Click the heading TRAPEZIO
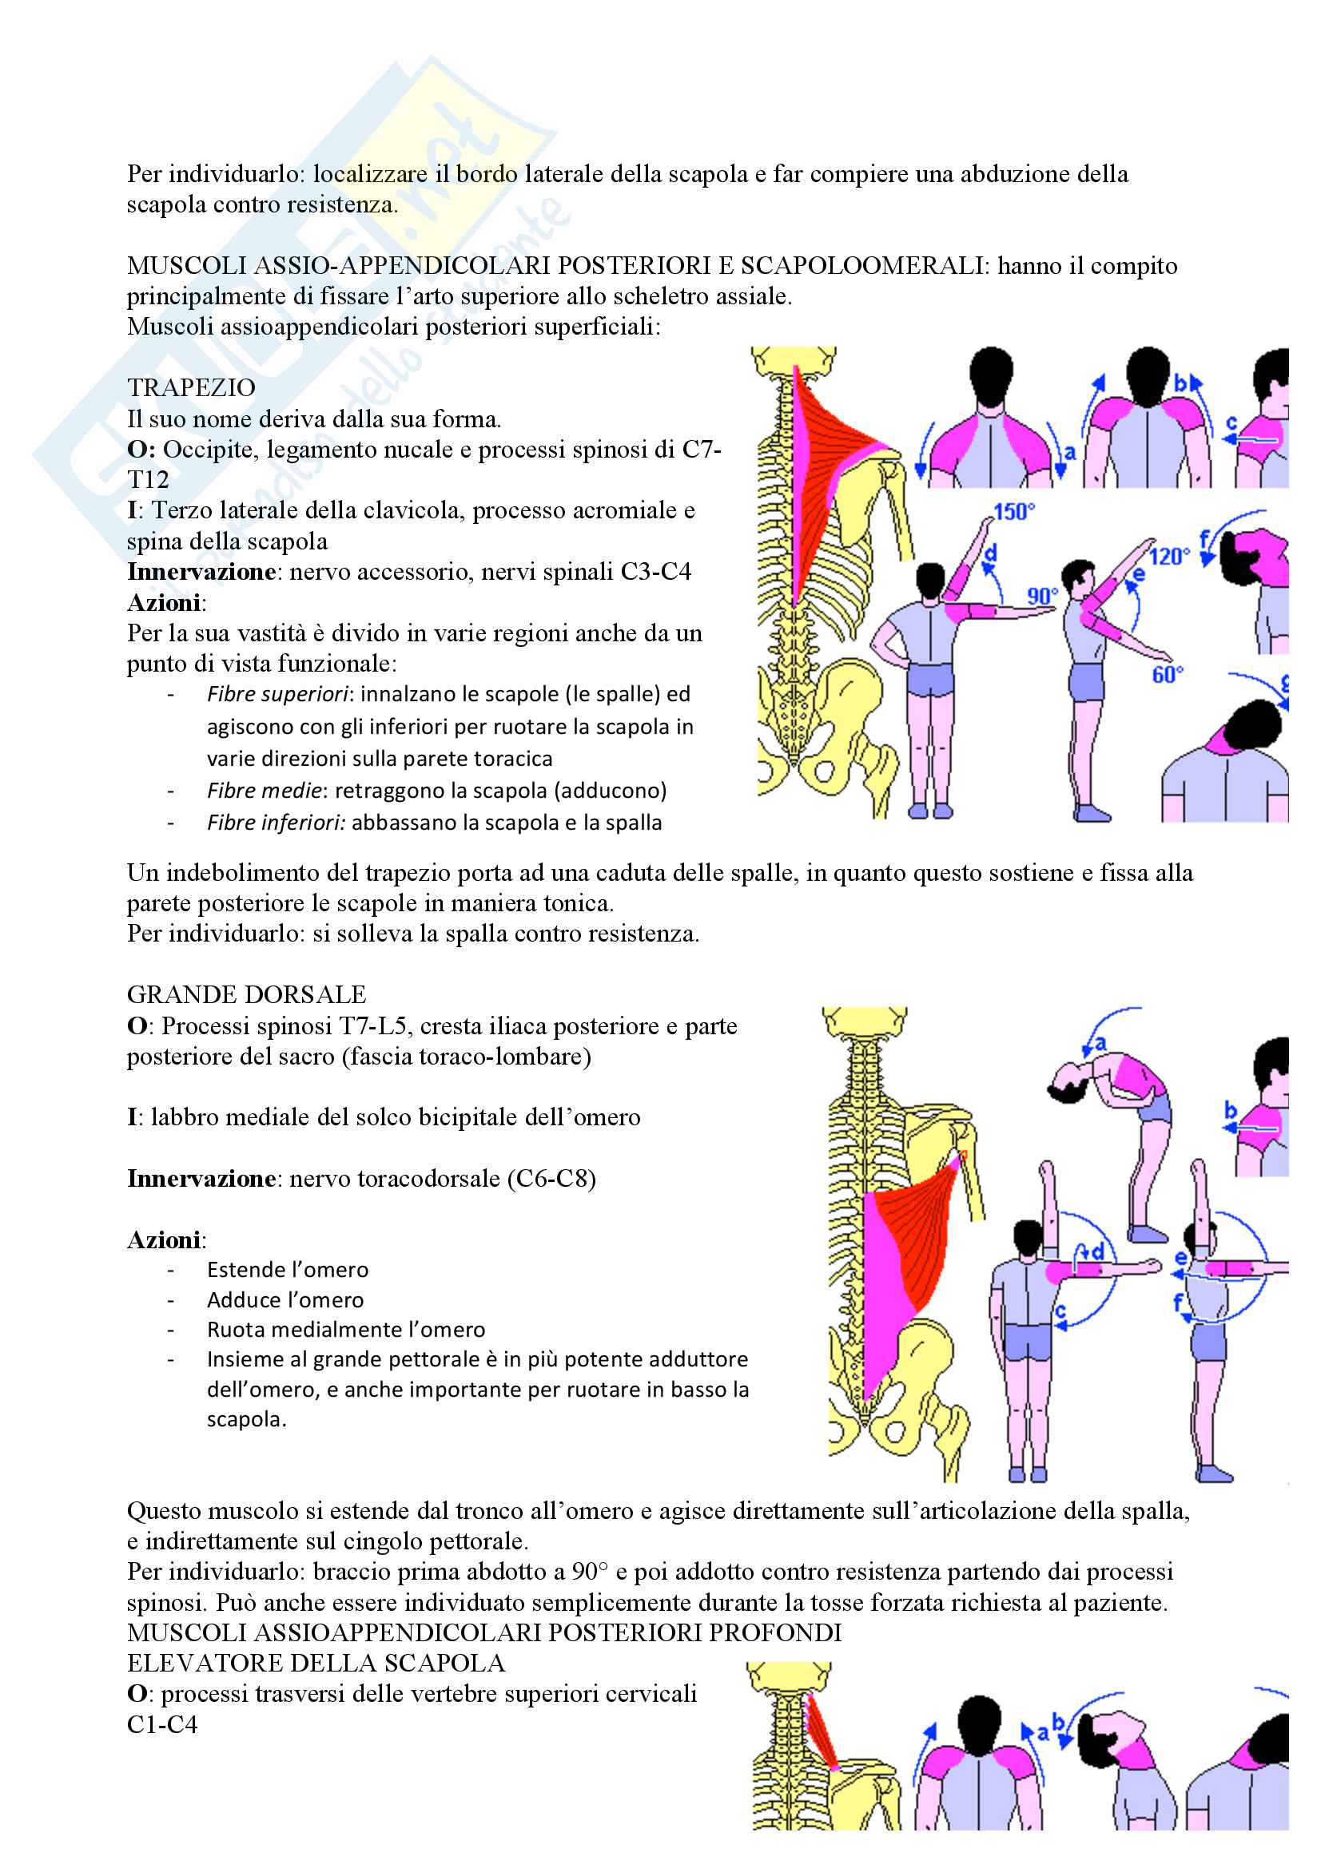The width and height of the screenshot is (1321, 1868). [x=191, y=388]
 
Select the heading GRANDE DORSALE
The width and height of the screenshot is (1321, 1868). [x=246, y=994]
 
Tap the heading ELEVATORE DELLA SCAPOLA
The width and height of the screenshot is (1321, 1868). [x=316, y=1663]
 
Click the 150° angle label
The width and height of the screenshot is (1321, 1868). [x=1013, y=512]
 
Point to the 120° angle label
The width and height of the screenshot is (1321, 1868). [x=1169, y=557]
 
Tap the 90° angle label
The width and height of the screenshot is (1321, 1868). [x=1042, y=596]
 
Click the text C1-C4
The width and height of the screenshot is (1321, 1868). [x=162, y=1724]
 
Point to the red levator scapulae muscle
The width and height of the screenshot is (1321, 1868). [x=822, y=1729]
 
